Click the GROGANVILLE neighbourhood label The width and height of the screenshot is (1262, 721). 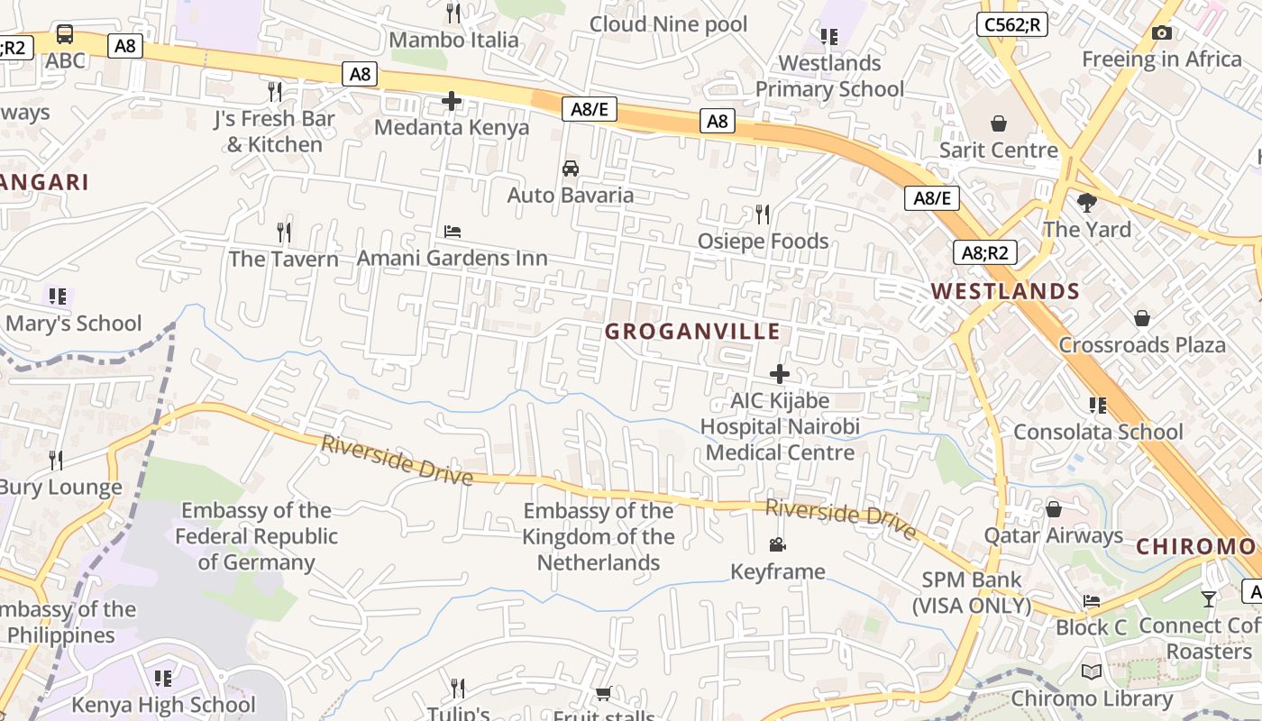pyautogui.click(x=692, y=332)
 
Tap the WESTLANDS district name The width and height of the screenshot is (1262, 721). pyautogui.click(x=1005, y=291)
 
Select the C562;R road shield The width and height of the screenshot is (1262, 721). pyautogui.click(x=1012, y=24)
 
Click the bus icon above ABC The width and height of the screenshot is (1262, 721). pyautogui.click(x=65, y=35)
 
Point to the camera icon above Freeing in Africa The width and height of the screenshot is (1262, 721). pyautogui.click(x=1162, y=33)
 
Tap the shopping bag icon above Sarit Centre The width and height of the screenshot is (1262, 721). pyautogui.click(x=998, y=123)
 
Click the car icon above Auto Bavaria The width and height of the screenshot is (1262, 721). pyautogui.click(x=571, y=169)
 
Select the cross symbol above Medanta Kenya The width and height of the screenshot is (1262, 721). pyautogui.click(x=452, y=101)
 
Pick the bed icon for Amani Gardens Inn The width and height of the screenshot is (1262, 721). pyautogui.click(x=453, y=232)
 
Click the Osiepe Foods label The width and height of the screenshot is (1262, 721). pyautogui.click(x=763, y=242)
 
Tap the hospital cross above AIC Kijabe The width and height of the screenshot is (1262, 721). pyautogui.click(x=780, y=374)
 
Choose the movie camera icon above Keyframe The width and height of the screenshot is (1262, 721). pyautogui.click(x=777, y=544)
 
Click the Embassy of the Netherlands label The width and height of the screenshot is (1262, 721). pyautogui.click(x=599, y=537)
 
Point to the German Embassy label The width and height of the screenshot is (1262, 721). pyautogui.click(x=256, y=536)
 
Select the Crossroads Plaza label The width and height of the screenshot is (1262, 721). pyautogui.click(x=1142, y=345)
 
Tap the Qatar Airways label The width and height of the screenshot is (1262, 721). pyautogui.click(x=1053, y=536)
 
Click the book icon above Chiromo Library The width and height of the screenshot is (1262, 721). pyautogui.click(x=1092, y=671)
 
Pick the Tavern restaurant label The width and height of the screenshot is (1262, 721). pyautogui.click(x=284, y=260)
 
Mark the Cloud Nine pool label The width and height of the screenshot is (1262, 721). pyautogui.click(x=668, y=24)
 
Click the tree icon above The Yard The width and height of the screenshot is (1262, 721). pyautogui.click(x=1087, y=203)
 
